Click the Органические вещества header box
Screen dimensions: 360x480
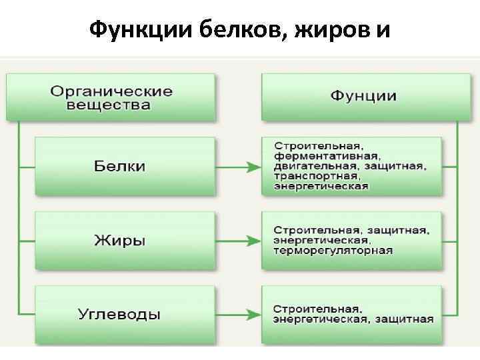(x=111, y=98)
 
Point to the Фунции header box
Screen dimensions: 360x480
(x=362, y=97)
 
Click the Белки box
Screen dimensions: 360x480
(x=125, y=167)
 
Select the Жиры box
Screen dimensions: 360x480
(x=125, y=240)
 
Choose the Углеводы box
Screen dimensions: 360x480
(x=125, y=313)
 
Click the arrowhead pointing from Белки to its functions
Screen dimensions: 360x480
(x=252, y=167)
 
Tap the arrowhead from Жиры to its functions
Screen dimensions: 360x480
(x=252, y=240)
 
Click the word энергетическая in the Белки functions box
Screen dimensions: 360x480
(x=321, y=186)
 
